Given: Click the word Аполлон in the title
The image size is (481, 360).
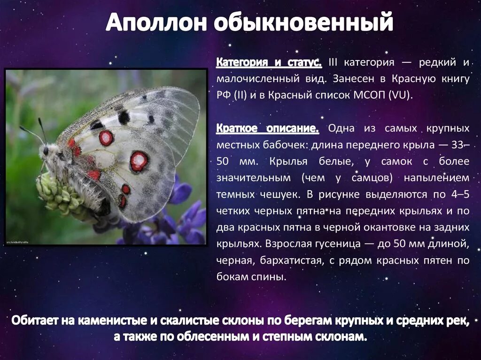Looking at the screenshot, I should (x=155, y=23).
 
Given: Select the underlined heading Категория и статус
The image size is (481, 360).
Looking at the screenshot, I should (x=269, y=62).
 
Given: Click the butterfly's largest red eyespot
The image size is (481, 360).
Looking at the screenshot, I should (x=139, y=161).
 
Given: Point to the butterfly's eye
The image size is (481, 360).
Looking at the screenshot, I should (x=46, y=151).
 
